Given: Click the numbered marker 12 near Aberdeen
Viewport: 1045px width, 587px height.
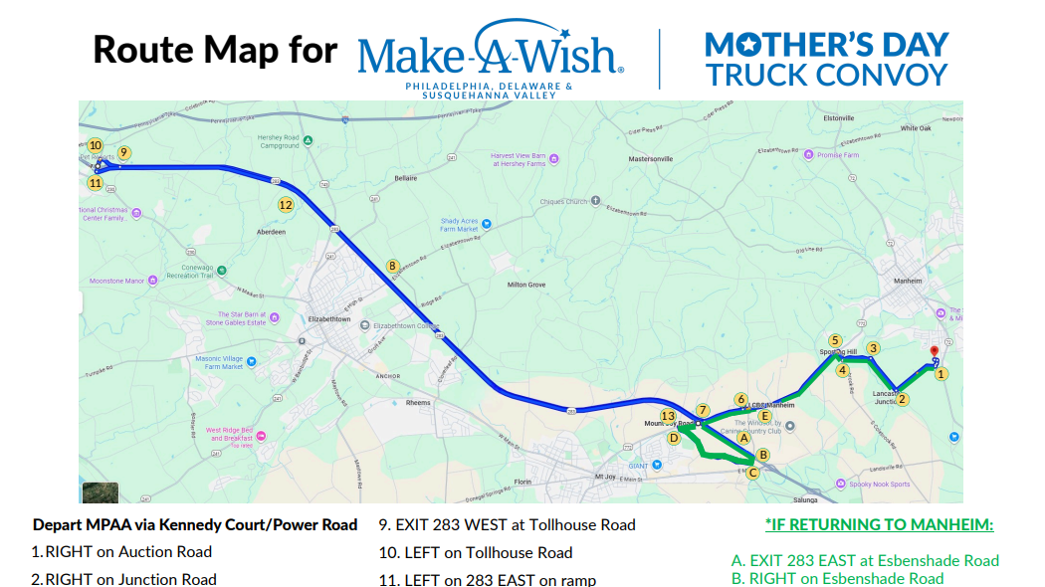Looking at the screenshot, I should click(x=286, y=205).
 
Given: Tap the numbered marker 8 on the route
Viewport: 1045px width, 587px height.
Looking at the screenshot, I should click(x=393, y=266).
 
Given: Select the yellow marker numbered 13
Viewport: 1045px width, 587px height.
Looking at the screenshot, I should click(x=668, y=416).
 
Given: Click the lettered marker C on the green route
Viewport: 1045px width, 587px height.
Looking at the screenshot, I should click(x=752, y=473).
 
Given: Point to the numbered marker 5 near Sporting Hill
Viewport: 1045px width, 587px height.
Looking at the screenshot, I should click(x=835, y=340).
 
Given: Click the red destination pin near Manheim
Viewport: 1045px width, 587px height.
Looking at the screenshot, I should click(x=934, y=352).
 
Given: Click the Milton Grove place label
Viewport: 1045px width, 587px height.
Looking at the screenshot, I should click(x=526, y=286).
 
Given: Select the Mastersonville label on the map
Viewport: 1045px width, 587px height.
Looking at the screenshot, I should click(x=651, y=159).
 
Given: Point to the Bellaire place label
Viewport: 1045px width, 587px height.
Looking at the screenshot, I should click(x=406, y=178).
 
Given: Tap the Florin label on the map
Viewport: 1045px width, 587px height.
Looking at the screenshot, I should click(x=522, y=481).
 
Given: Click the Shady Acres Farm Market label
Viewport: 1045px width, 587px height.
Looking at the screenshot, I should click(x=460, y=225).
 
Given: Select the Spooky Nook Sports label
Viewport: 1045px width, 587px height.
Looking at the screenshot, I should click(x=881, y=485).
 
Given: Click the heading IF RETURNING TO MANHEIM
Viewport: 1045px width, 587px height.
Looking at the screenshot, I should click(x=879, y=525).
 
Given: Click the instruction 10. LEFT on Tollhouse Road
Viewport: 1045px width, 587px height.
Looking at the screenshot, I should click(x=476, y=552).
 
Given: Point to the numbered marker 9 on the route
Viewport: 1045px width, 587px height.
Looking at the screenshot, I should click(x=124, y=152).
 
